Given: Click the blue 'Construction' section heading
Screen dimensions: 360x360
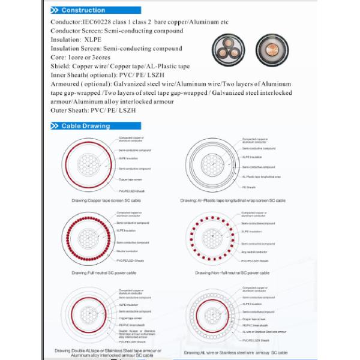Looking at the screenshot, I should click(x=83, y=11).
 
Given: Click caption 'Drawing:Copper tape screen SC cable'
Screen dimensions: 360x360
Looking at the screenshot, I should click(x=106, y=198).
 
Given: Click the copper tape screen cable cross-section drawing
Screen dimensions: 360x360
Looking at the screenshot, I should click(x=88, y=164).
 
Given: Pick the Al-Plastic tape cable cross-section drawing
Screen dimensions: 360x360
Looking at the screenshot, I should click(x=211, y=164).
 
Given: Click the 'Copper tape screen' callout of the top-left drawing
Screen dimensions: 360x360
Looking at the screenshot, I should click(x=130, y=179).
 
